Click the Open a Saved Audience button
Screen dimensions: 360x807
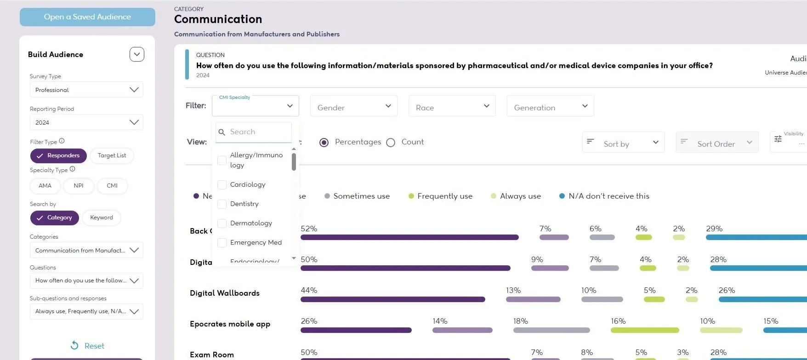tap(87, 17)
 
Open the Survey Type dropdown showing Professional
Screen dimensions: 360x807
tap(86, 90)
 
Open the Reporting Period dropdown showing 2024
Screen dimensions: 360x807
tap(86, 122)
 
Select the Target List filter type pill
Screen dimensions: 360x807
tap(112, 155)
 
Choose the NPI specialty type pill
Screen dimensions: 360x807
tap(79, 186)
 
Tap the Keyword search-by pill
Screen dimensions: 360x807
tap(101, 217)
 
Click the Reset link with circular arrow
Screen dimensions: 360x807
tap(87, 346)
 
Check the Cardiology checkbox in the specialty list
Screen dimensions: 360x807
tap(222, 185)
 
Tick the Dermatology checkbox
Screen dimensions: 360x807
tap(222, 223)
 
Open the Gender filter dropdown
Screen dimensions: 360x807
tap(353, 107)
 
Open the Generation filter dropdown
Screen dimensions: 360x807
tap(550, 107)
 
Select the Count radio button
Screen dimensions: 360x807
tap(391, 143)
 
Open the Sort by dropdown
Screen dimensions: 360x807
tap(623, 143)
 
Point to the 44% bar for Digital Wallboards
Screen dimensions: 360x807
tap(392, 299)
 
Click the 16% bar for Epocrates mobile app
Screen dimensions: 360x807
tap(644, 330)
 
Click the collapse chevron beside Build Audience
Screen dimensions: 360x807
tap(137, 54)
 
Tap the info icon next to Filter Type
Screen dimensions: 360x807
tap(62, 141)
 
